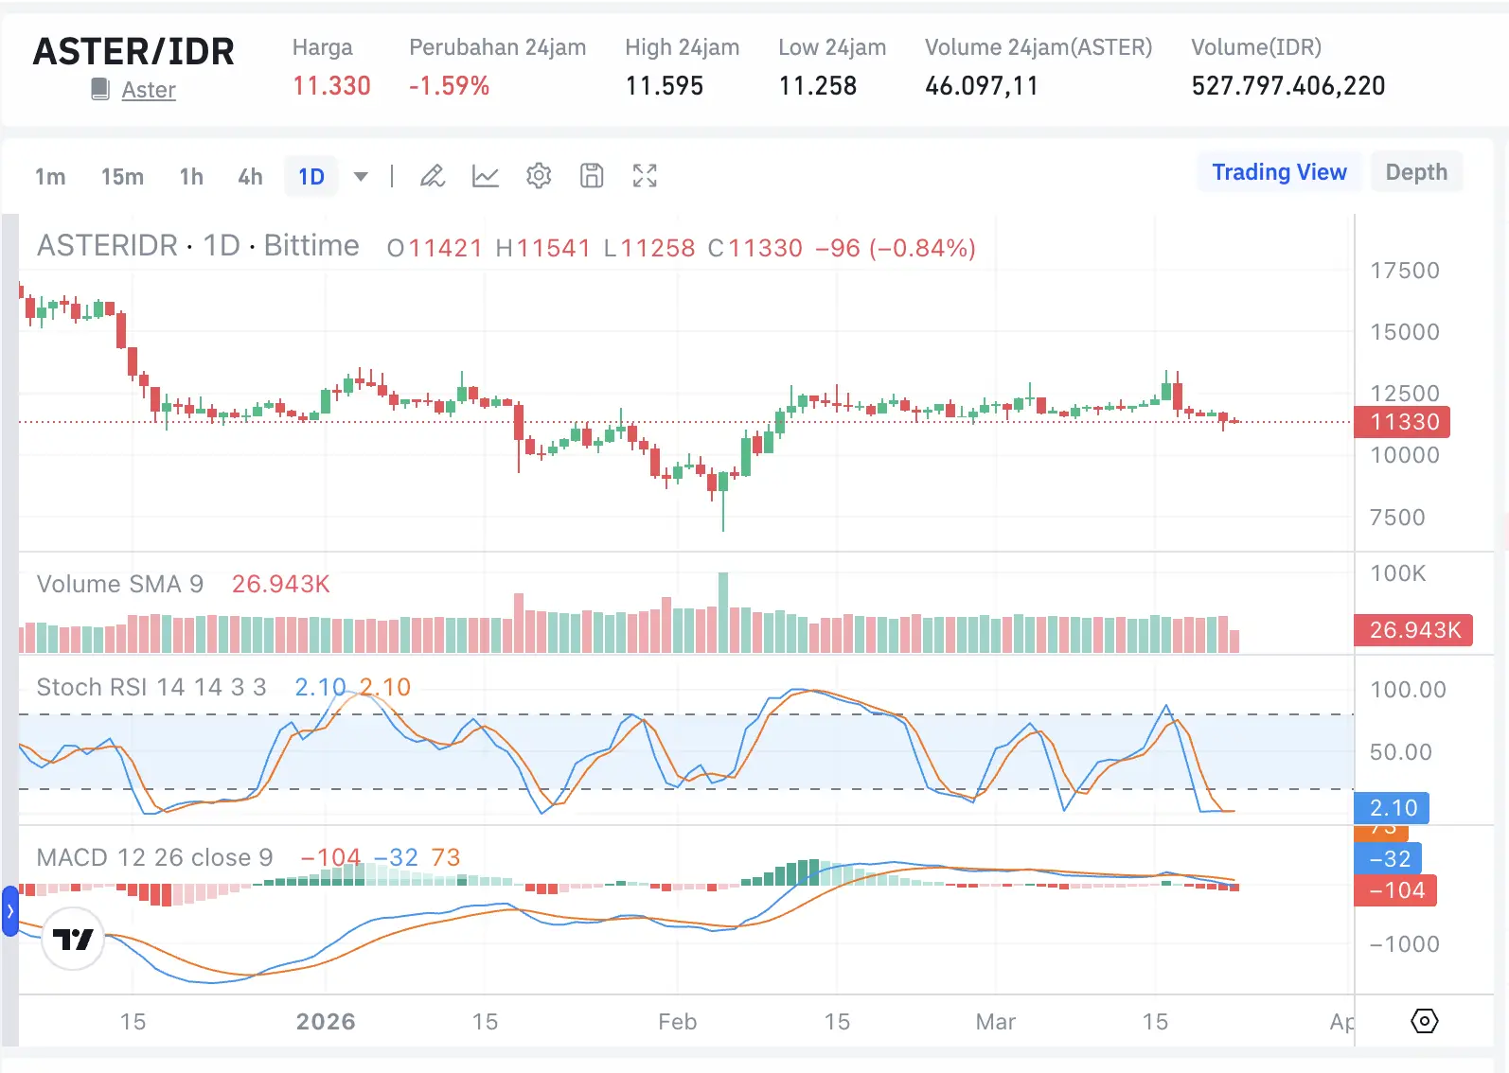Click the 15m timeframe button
(122, 177)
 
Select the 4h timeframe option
(250, 177)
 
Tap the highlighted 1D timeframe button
(311, 177)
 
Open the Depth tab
(1415, 172)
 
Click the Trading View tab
(1278, 172)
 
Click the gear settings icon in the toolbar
(539, 176)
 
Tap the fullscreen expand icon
(645, 176)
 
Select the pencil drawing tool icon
(433, 176)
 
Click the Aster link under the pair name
(149, 90)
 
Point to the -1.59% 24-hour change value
(449, 86)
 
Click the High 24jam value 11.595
(664, 86)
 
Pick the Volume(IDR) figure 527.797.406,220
(1287, 86)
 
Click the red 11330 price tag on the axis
(1402, 422)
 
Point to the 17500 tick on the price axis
(1404, 271)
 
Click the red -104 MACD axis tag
(1395, 890)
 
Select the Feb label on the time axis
(677, 1022)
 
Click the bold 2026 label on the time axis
(326, 1022)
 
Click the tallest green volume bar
(723, 612)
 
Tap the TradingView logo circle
(73, 939)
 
